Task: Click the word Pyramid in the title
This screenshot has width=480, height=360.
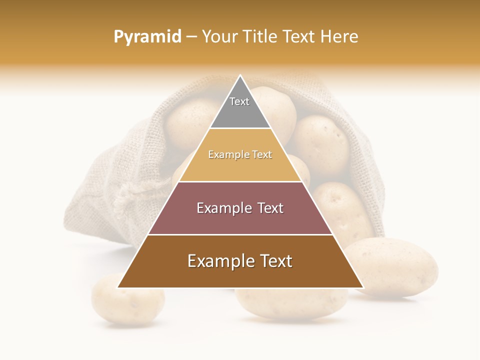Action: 147,37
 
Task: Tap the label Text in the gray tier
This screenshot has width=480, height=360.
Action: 239,101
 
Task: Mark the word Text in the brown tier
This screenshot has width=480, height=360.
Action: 275,261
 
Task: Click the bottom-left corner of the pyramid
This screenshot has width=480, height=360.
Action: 118,287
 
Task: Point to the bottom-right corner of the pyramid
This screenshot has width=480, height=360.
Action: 363,287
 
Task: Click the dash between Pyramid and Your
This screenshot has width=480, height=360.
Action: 191,37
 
